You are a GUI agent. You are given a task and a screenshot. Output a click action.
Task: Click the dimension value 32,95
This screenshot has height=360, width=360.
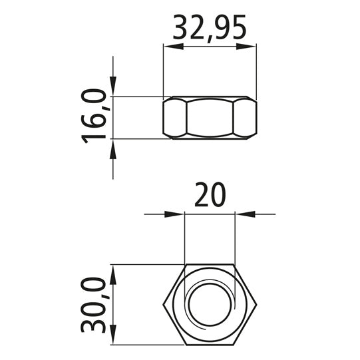point(210,28)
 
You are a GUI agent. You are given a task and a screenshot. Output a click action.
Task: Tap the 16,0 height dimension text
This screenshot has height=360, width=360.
point(93,116)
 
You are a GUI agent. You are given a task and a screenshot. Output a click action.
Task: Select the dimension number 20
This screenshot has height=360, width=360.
point(210,194)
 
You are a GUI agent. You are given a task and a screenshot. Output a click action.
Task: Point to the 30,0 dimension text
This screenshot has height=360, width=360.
point(93,305)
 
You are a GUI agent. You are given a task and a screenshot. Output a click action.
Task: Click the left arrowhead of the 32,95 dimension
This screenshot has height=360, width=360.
point(173,47)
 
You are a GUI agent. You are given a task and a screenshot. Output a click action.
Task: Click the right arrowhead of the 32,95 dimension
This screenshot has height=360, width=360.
point(246,47)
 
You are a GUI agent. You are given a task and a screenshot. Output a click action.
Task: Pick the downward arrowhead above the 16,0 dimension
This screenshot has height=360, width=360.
point(113,86)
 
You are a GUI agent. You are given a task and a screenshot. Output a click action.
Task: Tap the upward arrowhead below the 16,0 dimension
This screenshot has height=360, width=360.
point(113,149)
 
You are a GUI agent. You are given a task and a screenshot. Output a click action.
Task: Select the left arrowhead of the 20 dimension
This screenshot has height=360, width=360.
point(174,214)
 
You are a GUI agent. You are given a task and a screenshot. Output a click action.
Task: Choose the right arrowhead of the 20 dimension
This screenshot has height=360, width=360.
point(245,214)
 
